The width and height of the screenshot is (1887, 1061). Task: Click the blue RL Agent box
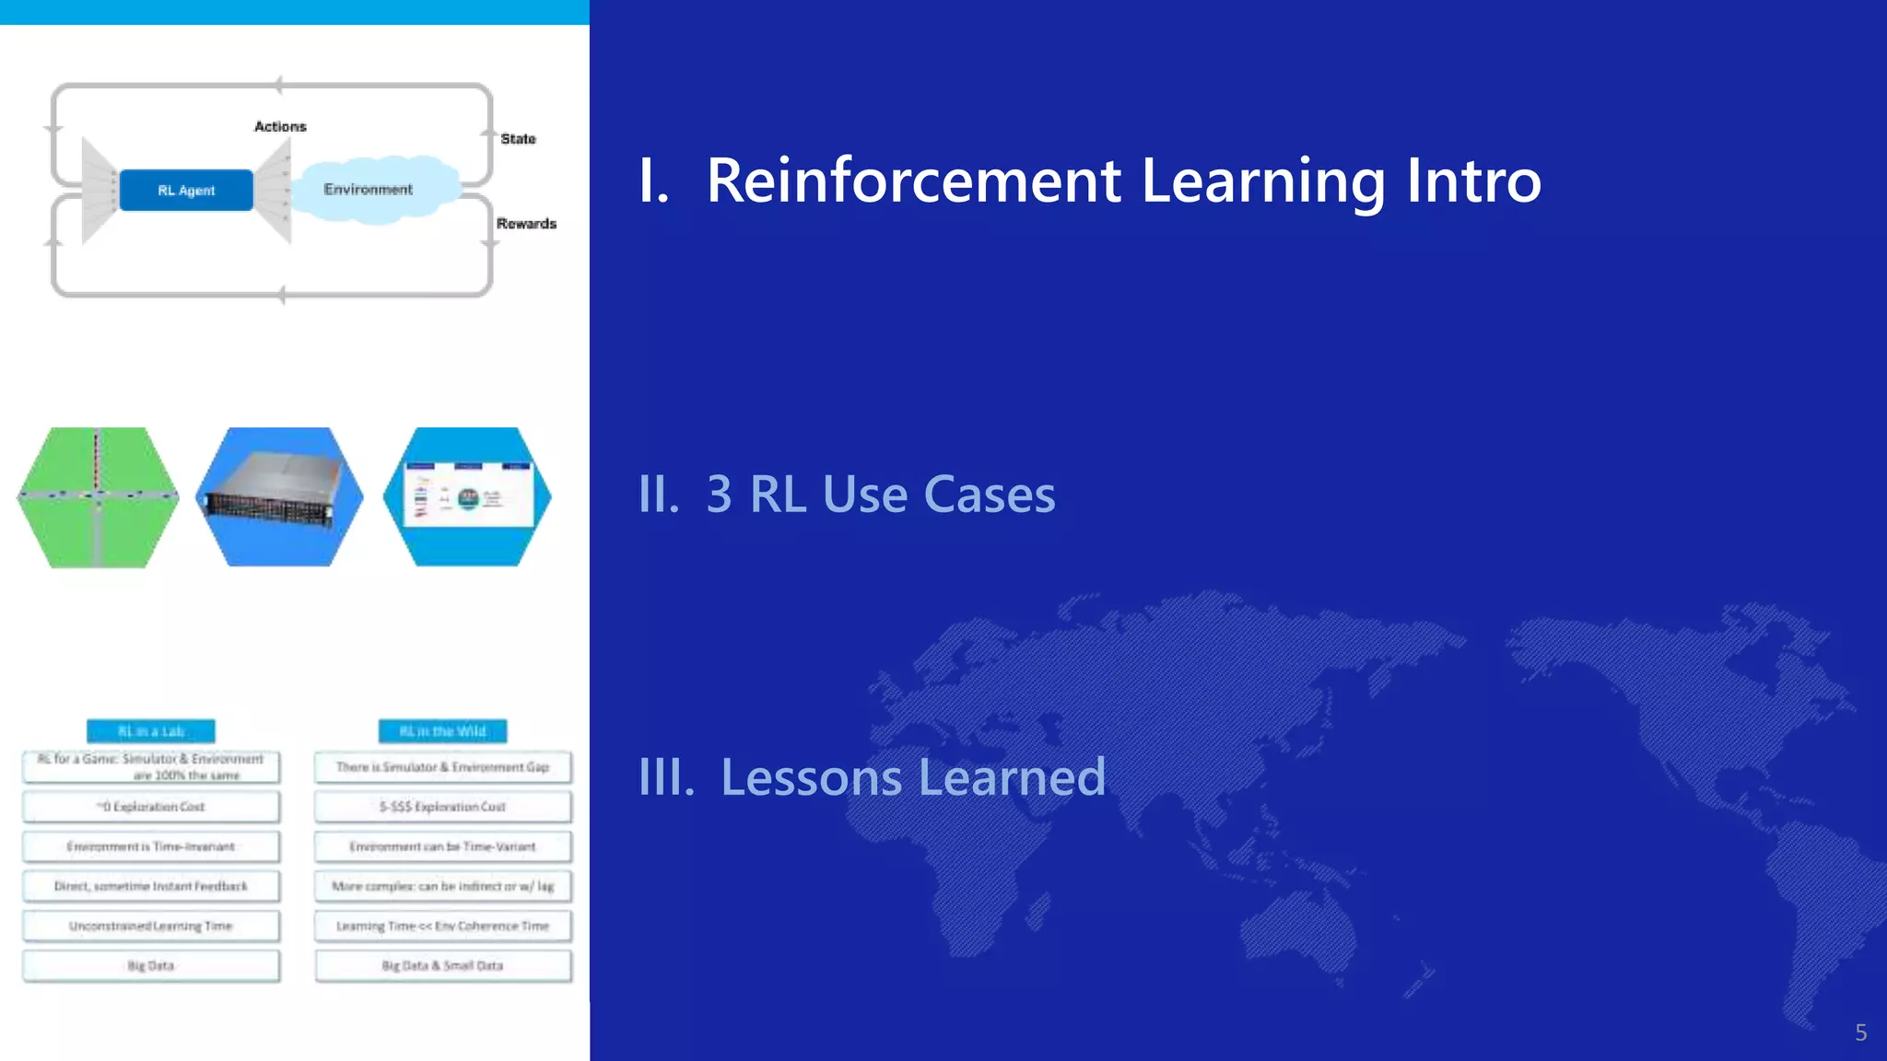[x=186, y=191]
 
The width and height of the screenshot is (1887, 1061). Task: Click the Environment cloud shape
[x=373, y=190]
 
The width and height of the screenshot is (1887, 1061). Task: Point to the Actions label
[x=280, y=126]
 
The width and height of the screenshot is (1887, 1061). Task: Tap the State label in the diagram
[x=518, y=139]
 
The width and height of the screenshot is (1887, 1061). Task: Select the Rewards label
[x=526, y=224]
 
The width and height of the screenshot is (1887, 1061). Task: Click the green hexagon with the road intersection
[x=98, y=496]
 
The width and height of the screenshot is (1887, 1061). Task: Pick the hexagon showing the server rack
[x=280, y=496]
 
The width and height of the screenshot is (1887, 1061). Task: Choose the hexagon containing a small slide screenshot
[x=467, y=496]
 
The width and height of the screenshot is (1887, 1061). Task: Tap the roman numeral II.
[x=659, y=496]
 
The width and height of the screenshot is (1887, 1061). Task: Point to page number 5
[x=1860, y=1032]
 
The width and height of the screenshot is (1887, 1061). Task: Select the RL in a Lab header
[x=151, y=731]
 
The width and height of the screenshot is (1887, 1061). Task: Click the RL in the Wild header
[x=442, y=731]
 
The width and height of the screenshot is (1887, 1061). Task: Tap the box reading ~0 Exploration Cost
[x=151, y=807]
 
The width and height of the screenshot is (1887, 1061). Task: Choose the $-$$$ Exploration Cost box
[x=442, y=807]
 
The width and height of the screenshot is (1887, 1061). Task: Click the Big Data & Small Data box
[x=442, y=966]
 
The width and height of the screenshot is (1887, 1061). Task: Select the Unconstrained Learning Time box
[x=151, y=927]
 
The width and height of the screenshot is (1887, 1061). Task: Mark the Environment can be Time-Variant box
[x=442, y=846]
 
